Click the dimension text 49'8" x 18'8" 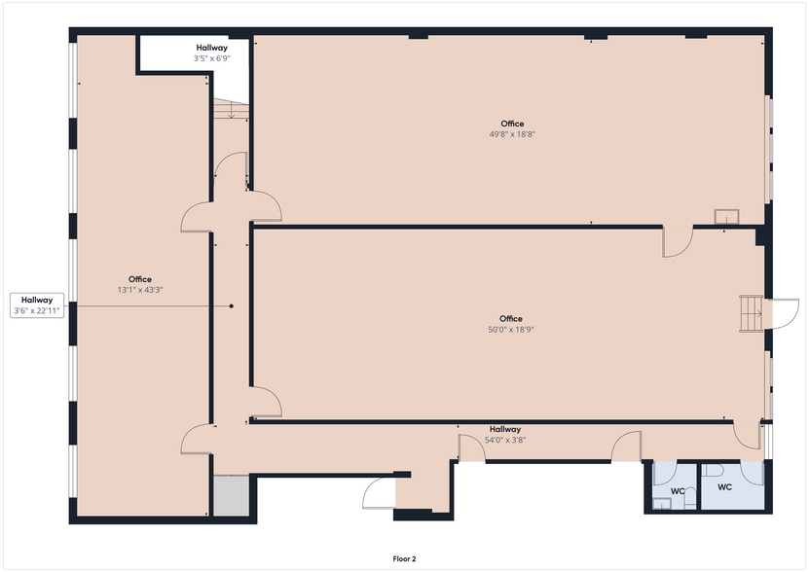[x=512, y=135]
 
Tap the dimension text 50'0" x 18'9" [x=511, y=330]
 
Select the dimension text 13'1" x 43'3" [x=140, y=290]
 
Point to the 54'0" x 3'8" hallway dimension [x=505, y=440]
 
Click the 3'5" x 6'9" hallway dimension [x=211, y=58]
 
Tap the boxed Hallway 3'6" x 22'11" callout [x=37, y=304]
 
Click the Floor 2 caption [x=404, y=559]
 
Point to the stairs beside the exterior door [x=751, y=313]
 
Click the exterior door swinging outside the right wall [x=783, y=313]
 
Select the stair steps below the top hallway [x=231, y=110]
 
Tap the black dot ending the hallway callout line [x=232, y=306]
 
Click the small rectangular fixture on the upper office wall [x=725, y=217]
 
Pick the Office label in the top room [x=512, y=124]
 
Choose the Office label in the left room [x=140, y=279]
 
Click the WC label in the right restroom [x=725, y=486]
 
